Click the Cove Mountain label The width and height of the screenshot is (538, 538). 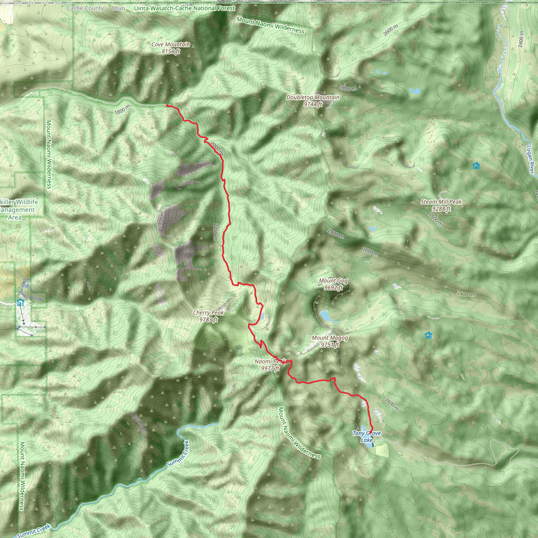coord(170,48)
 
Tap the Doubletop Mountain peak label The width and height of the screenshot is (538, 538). coord(313,101)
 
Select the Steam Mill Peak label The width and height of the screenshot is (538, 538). coord(441,205)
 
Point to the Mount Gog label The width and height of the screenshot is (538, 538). coord(333,284)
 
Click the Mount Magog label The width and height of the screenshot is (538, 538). coord(330,341)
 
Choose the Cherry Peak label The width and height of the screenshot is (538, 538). coord(208,316)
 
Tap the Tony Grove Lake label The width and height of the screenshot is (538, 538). coord(366,436)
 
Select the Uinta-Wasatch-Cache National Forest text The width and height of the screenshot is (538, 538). coord(184,8)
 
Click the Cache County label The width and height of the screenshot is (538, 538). coord(85,8)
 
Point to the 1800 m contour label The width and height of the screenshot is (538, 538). coord(122,110)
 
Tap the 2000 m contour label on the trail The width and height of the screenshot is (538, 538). coord(217,148)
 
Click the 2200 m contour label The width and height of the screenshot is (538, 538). coord(215,231)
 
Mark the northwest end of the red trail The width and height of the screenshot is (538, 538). coord(167,106)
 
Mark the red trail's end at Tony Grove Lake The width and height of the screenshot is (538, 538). coord(371,432)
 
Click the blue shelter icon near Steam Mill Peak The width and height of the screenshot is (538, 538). coord(476,166)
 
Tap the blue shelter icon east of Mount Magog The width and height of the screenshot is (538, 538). coord(428,335)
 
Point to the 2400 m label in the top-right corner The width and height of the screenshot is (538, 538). coord(521,39)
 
